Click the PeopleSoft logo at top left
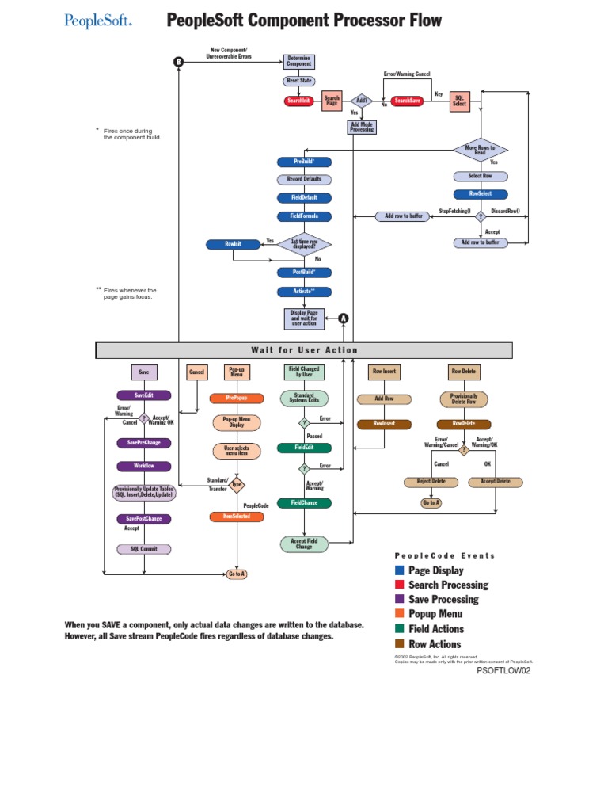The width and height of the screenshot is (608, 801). (x=98, y=21)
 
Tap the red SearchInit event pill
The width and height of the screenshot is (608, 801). (x=298, y=101)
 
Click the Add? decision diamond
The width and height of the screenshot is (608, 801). (x=362, y=101)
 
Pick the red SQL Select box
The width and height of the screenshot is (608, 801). (x=460, y=101)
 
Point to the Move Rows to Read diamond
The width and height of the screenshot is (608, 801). (x=480, y=149)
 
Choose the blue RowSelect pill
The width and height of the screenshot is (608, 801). (x=481, y=193)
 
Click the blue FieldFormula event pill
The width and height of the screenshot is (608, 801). (x=304, y=216)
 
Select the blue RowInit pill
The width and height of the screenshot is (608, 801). (x=233, y=244)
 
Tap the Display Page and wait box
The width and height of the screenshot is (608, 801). (x=304, y=318)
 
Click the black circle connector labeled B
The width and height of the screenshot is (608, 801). (x=179, y=62)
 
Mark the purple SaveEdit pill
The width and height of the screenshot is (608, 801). (x=143, y=395)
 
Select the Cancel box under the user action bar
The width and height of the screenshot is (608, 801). (x=196, y=372)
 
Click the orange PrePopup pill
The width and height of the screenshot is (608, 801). (x=237, y=399)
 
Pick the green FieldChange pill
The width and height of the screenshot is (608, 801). (x=304, y=503)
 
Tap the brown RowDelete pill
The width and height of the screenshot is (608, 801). (x=464, y=424)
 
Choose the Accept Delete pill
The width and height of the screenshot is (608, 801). (x=495, y=481)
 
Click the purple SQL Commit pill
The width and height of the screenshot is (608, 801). (x=143, y=548)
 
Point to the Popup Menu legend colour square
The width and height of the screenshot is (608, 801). (x=400, y=614)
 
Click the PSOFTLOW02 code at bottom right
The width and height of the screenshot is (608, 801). (x=503, y=670)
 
